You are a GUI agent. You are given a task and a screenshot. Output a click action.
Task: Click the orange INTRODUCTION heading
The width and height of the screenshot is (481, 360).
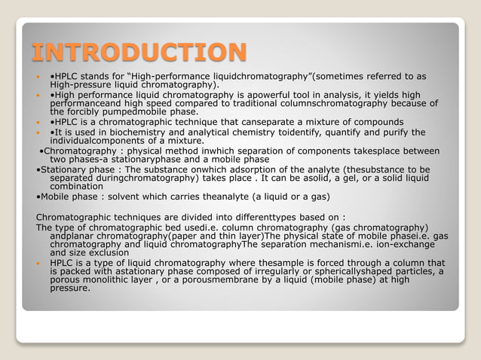139,53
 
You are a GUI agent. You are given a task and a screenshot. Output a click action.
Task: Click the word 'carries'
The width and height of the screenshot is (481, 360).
185,197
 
